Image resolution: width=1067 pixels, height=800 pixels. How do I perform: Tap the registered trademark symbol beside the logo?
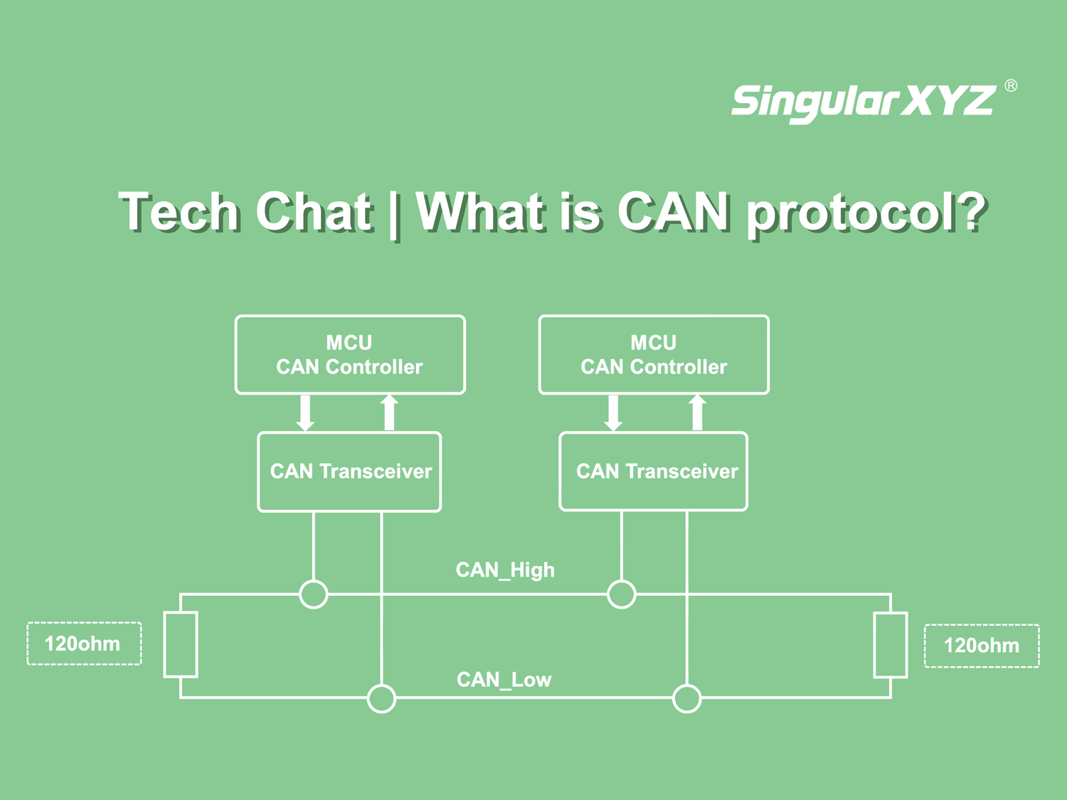(1011, 86)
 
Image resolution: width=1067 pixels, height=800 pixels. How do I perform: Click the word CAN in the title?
(674, 211)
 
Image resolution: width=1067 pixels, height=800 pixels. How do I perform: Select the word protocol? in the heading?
(866, 215)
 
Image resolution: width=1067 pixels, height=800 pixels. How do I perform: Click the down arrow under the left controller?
(305, 413)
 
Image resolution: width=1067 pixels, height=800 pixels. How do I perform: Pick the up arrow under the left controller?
(389, 412)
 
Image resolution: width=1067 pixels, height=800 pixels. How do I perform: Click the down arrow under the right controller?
(613, 413)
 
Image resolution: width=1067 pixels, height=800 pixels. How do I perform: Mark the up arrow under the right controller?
(697, 412)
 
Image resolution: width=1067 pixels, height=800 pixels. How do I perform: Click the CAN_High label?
(505, 570)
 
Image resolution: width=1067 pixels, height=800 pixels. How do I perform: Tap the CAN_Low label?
(504, 680)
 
